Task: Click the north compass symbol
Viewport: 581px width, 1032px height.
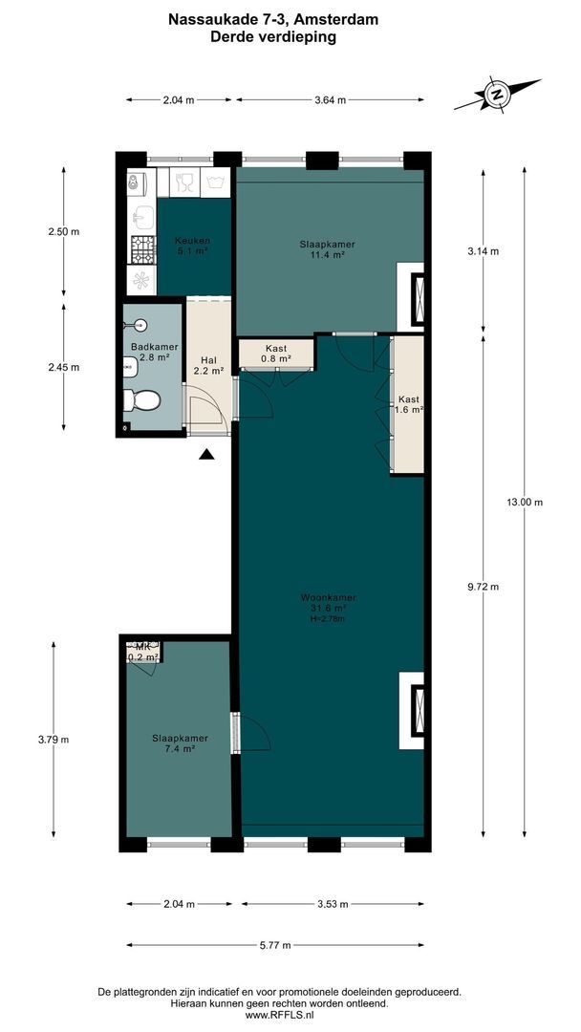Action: point(496,95)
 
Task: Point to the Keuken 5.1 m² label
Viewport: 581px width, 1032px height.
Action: point(192,246)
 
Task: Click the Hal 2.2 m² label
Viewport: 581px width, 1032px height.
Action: point(208,365)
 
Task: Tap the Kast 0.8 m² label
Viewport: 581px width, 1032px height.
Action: point(275,354)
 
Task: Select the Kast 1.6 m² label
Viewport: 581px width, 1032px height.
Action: point(409,404)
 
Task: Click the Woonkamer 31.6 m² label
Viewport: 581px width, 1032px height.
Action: point(328,608)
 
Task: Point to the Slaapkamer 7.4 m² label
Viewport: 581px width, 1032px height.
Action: point(174,743)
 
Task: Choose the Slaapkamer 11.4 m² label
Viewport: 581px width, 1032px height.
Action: point(327,249)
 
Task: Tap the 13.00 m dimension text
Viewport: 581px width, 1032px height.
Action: point(525,503)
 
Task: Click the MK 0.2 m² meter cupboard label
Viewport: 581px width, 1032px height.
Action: point(143,653)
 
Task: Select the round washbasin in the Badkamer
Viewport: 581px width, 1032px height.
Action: point(140,323)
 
